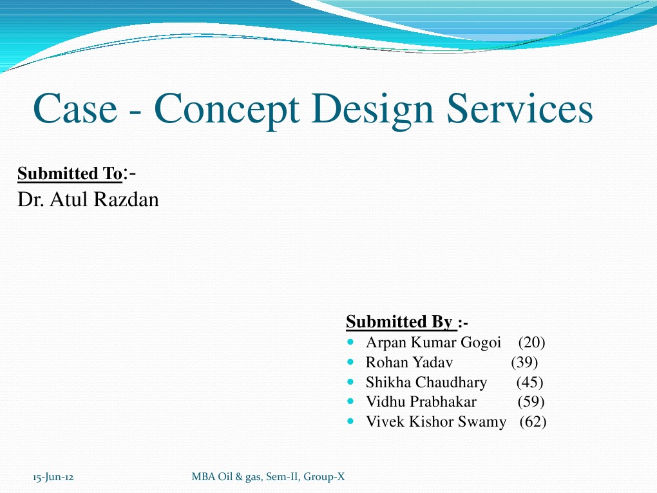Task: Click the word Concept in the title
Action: coord(227,109)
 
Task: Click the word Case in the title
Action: coord(74,109)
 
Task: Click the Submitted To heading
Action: coord(70,174)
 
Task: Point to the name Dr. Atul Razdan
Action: coord(88,200)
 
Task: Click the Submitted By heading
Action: coord(399,321)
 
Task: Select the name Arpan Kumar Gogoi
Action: coord(433,343)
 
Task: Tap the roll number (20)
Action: coord(531,343)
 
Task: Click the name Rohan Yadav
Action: coord(409,362)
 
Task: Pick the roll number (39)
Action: coord(524,362)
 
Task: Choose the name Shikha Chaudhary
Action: coord(426,382)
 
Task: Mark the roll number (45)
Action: coord(530,382)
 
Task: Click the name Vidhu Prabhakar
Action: coord(421,402)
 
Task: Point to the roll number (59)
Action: coord(531,402)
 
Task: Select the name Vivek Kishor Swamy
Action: coord(435,422)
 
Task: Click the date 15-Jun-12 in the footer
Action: coord(52,478)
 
